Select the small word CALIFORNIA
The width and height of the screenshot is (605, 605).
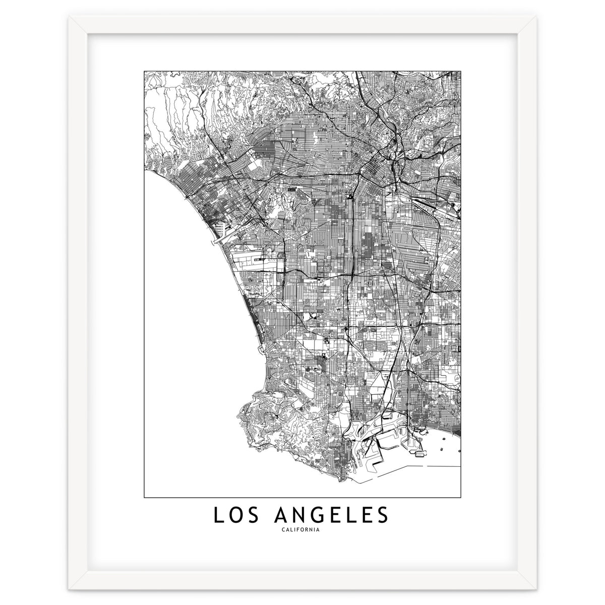[x=302, y=530]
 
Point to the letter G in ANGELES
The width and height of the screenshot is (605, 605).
[x=318, y=515]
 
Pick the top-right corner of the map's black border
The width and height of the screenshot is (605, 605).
[x=461, y=71]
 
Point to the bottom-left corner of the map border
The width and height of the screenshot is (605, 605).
[x=144, y=497]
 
